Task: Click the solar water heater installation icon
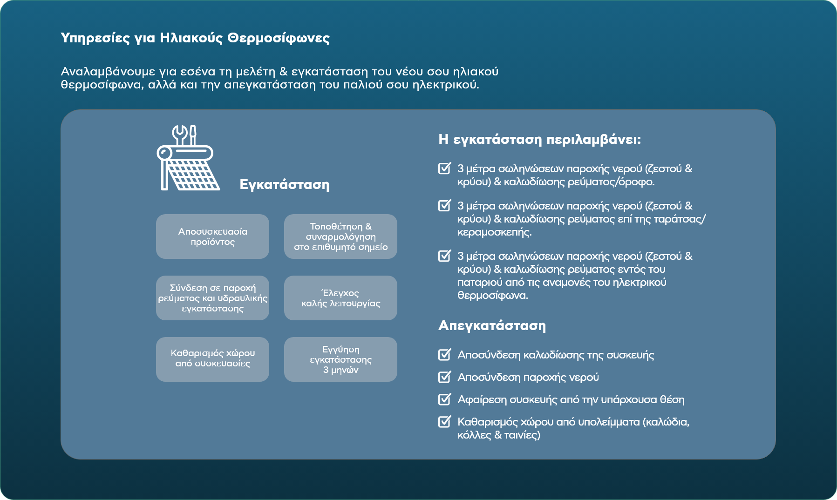(x=188, y=158)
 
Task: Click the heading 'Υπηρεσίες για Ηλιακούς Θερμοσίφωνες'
(x=195, y=38)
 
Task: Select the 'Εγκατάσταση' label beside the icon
(x=284, y=185)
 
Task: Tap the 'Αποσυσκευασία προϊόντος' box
(x=212, y=236)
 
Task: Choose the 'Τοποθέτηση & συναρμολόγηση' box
(x=340, y=236)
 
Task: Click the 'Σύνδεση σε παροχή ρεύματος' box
(x=212, y=298)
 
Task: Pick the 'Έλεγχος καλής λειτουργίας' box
(x=340, y=298)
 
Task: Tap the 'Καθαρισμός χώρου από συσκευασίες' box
(x=212, y=359)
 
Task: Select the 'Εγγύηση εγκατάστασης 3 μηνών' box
(x=340, y=359)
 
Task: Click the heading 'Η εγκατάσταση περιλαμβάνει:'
(x=539, y=140)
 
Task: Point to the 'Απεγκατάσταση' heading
(x=492, y=325)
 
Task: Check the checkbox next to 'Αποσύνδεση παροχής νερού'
(x=445, y=377)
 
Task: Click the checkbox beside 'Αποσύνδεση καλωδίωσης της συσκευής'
(x=445, y=355)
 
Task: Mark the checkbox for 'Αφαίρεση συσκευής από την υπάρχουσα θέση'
(x=445, y=399)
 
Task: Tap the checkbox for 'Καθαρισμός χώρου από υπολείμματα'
(x=445, y=421)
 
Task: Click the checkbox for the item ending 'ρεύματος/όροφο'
(x=445, y=168)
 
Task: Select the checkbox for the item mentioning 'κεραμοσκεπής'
(x=445, y=205)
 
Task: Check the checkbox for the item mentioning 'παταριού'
(x=445, y=256)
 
